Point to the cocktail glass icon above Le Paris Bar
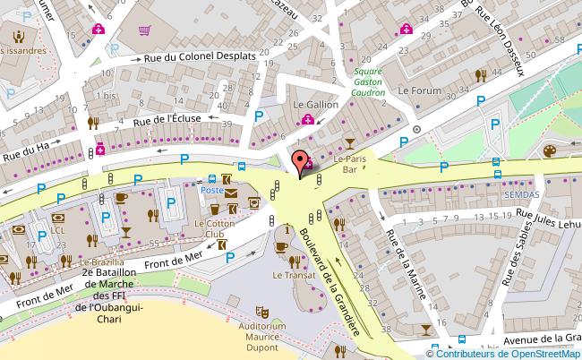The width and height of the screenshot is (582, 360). (x=349, y=143)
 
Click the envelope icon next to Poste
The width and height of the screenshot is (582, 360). (x=231, y=192)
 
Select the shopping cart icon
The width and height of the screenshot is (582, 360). (x=144, y=29)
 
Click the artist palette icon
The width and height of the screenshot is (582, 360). (x=549, y=153)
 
